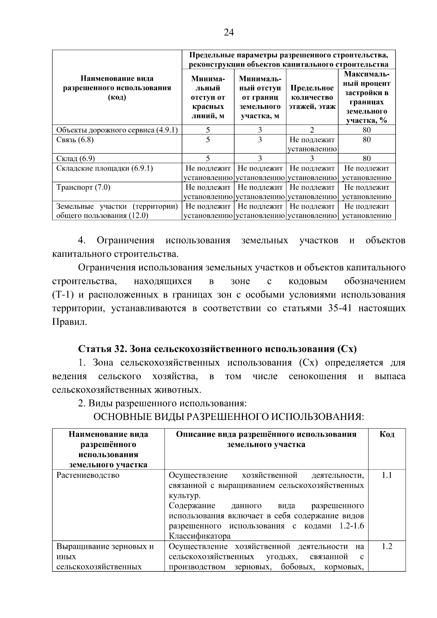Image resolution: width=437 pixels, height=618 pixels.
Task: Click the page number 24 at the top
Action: coord(228,33)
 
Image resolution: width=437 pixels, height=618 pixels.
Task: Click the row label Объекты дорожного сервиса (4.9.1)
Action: coord(117,130)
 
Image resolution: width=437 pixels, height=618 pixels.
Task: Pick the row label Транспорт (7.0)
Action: coord(83,188)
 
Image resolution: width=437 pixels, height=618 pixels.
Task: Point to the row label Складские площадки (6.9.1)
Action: coord(105,168)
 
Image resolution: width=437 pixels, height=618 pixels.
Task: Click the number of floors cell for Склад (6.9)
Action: coord(312,158)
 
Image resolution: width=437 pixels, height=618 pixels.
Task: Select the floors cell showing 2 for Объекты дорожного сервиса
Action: coord(312,130)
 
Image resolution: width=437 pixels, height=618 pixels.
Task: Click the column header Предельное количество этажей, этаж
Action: coord(312,97)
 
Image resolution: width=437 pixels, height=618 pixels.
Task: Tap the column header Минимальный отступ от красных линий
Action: coord(208,97)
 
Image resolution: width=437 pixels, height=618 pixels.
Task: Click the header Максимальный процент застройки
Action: coord(366,97)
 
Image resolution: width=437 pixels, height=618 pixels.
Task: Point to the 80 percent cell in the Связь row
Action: coord(366,140)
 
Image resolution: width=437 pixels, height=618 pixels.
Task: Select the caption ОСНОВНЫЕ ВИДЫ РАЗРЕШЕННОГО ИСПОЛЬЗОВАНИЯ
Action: coord(228,417)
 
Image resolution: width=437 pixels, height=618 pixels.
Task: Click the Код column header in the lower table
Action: coord(387,434)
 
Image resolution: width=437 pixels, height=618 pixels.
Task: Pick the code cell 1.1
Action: coord(387,475)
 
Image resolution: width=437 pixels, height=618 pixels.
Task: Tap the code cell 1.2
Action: coord(387,547)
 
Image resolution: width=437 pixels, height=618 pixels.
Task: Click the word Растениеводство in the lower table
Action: coord(88,475)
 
